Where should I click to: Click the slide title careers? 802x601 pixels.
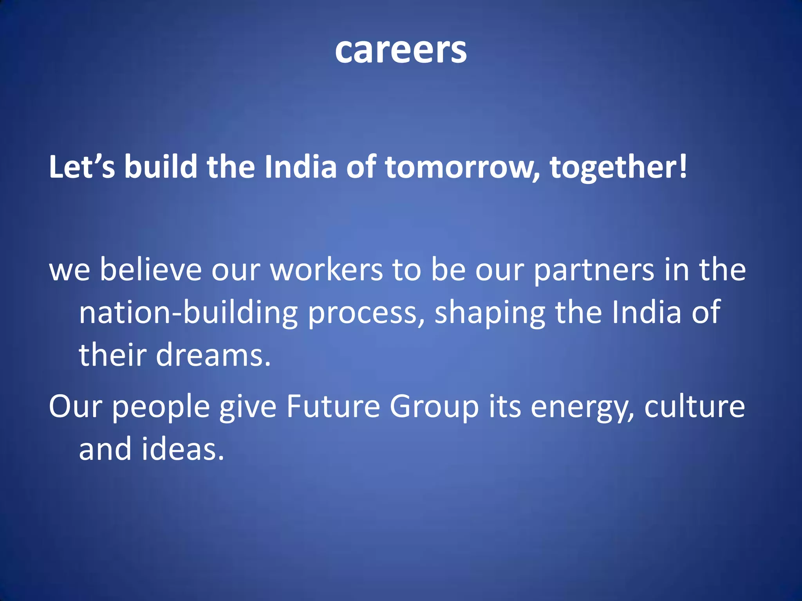[401, 51]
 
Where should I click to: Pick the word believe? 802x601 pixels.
[151, 270]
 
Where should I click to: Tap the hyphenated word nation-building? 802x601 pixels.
[188, 313]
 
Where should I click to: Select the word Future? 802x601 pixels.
[333, 407]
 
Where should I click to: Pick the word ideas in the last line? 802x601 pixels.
[182, 449]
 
